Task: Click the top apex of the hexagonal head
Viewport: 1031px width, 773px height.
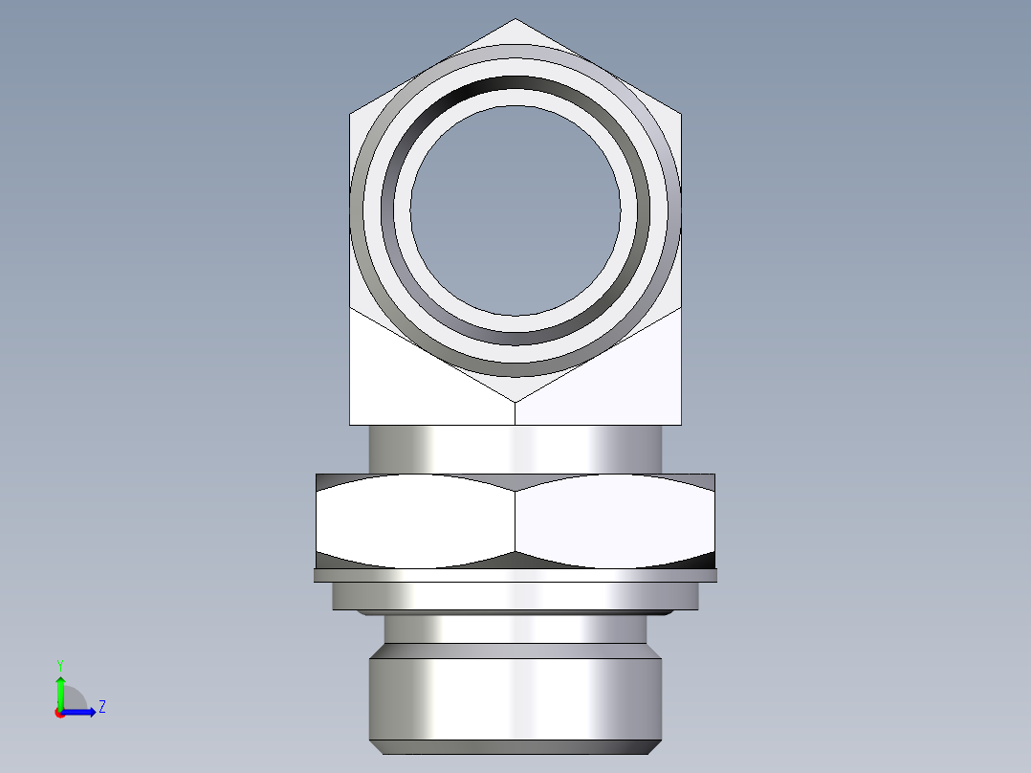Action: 515,20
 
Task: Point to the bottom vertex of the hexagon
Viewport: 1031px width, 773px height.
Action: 515,401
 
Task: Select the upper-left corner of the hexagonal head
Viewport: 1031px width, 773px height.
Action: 351,115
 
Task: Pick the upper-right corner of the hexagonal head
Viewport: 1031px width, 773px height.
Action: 680,115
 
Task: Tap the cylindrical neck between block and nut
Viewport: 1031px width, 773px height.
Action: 515,449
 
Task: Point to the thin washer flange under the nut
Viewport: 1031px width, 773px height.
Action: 515,575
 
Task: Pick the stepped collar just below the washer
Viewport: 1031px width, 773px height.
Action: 515,596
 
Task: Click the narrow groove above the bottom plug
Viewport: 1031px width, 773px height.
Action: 515,629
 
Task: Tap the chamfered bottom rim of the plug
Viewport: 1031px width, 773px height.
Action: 515,747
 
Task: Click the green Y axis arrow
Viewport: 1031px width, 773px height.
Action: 60,687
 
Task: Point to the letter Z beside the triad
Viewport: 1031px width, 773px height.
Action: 101,707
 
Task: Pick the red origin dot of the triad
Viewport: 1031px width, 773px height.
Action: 60,713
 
